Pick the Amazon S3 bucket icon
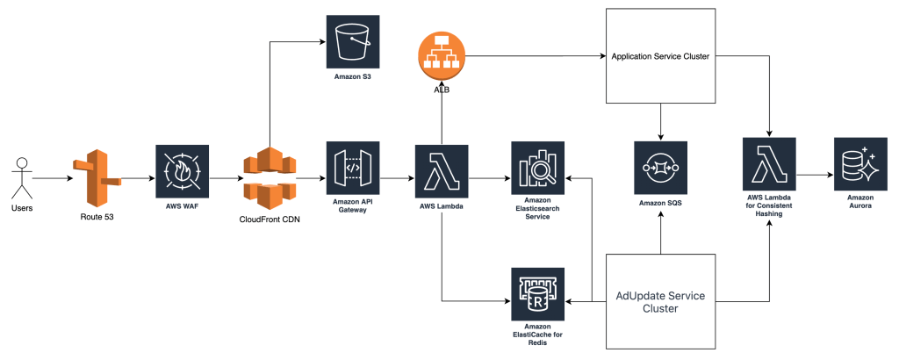tap(352, 41)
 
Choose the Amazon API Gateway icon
tap(352, 169)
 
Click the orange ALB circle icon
tap(441, 57)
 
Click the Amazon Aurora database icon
tap(860, 164)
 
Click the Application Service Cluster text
tap(660, 57)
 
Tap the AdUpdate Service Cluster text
tap(659, 301)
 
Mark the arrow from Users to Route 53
tap(47, 178)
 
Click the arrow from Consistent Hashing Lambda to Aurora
tap(814, 174)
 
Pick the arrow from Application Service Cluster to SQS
tap(660, 123)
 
